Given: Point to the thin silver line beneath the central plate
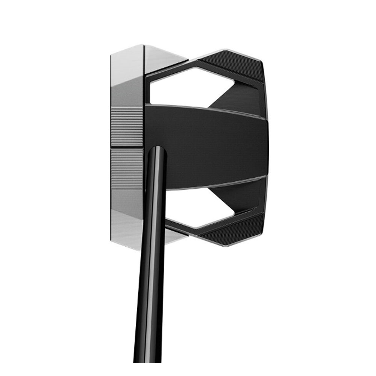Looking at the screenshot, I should pyautogui.click(x=211, y=183).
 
